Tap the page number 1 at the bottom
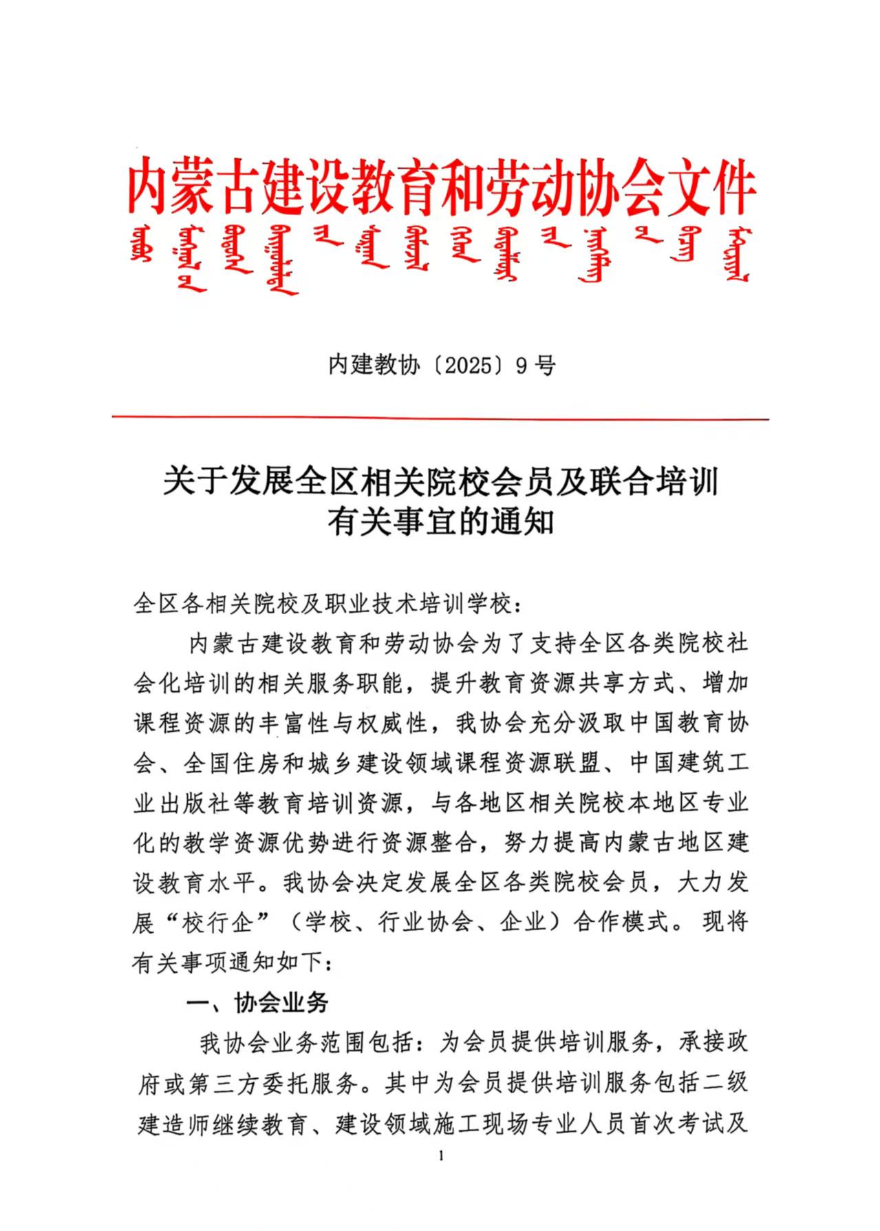pos(440,1175)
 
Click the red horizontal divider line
pos(440,417)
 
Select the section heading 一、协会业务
pos(258,1002)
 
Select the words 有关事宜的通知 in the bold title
pos(440,521)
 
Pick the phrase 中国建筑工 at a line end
pos(688,763)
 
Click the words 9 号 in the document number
pos(535,366)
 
